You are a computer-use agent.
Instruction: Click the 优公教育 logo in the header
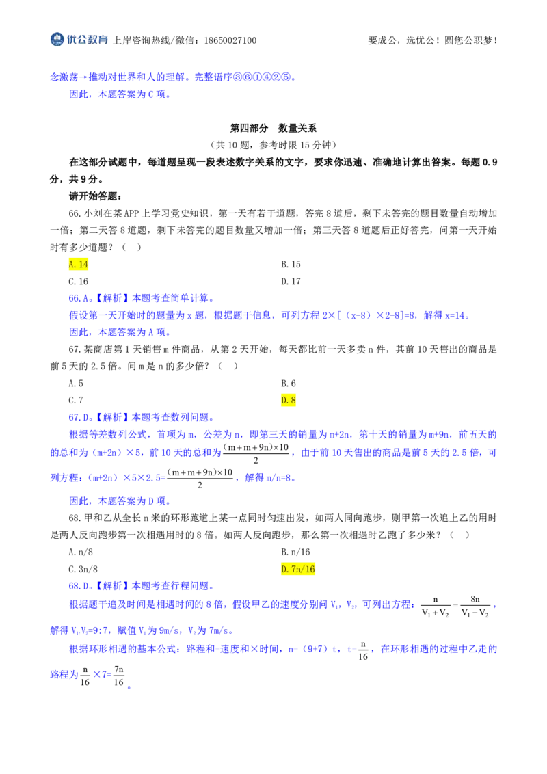click(79, 40)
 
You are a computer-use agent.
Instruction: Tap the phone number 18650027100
click(230, 40)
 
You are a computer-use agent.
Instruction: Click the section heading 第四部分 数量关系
click(273, 129)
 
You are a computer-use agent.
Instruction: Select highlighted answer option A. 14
click(79, 265)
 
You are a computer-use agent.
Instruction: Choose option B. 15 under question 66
click(291, 265)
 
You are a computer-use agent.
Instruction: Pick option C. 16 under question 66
click(79, 282)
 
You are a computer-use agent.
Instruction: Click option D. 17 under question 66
click(291, 282)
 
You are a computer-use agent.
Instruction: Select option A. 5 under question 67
click(76, 384)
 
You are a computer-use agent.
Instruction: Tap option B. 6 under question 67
click(289, 384)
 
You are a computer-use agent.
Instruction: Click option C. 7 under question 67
click(76, 400)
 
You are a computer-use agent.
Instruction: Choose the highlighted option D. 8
click(289, 400)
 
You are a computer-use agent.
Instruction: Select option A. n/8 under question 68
click(81, 552)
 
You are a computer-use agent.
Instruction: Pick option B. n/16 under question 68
click(295, 552)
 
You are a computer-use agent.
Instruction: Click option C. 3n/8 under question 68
click(83, 569)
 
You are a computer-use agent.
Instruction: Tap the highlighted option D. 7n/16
click(298, 569)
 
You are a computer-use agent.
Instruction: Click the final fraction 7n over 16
click(119, 676)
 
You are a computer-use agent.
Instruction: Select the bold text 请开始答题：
click(95, 196)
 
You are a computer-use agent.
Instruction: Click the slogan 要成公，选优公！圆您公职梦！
click(432, 40)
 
